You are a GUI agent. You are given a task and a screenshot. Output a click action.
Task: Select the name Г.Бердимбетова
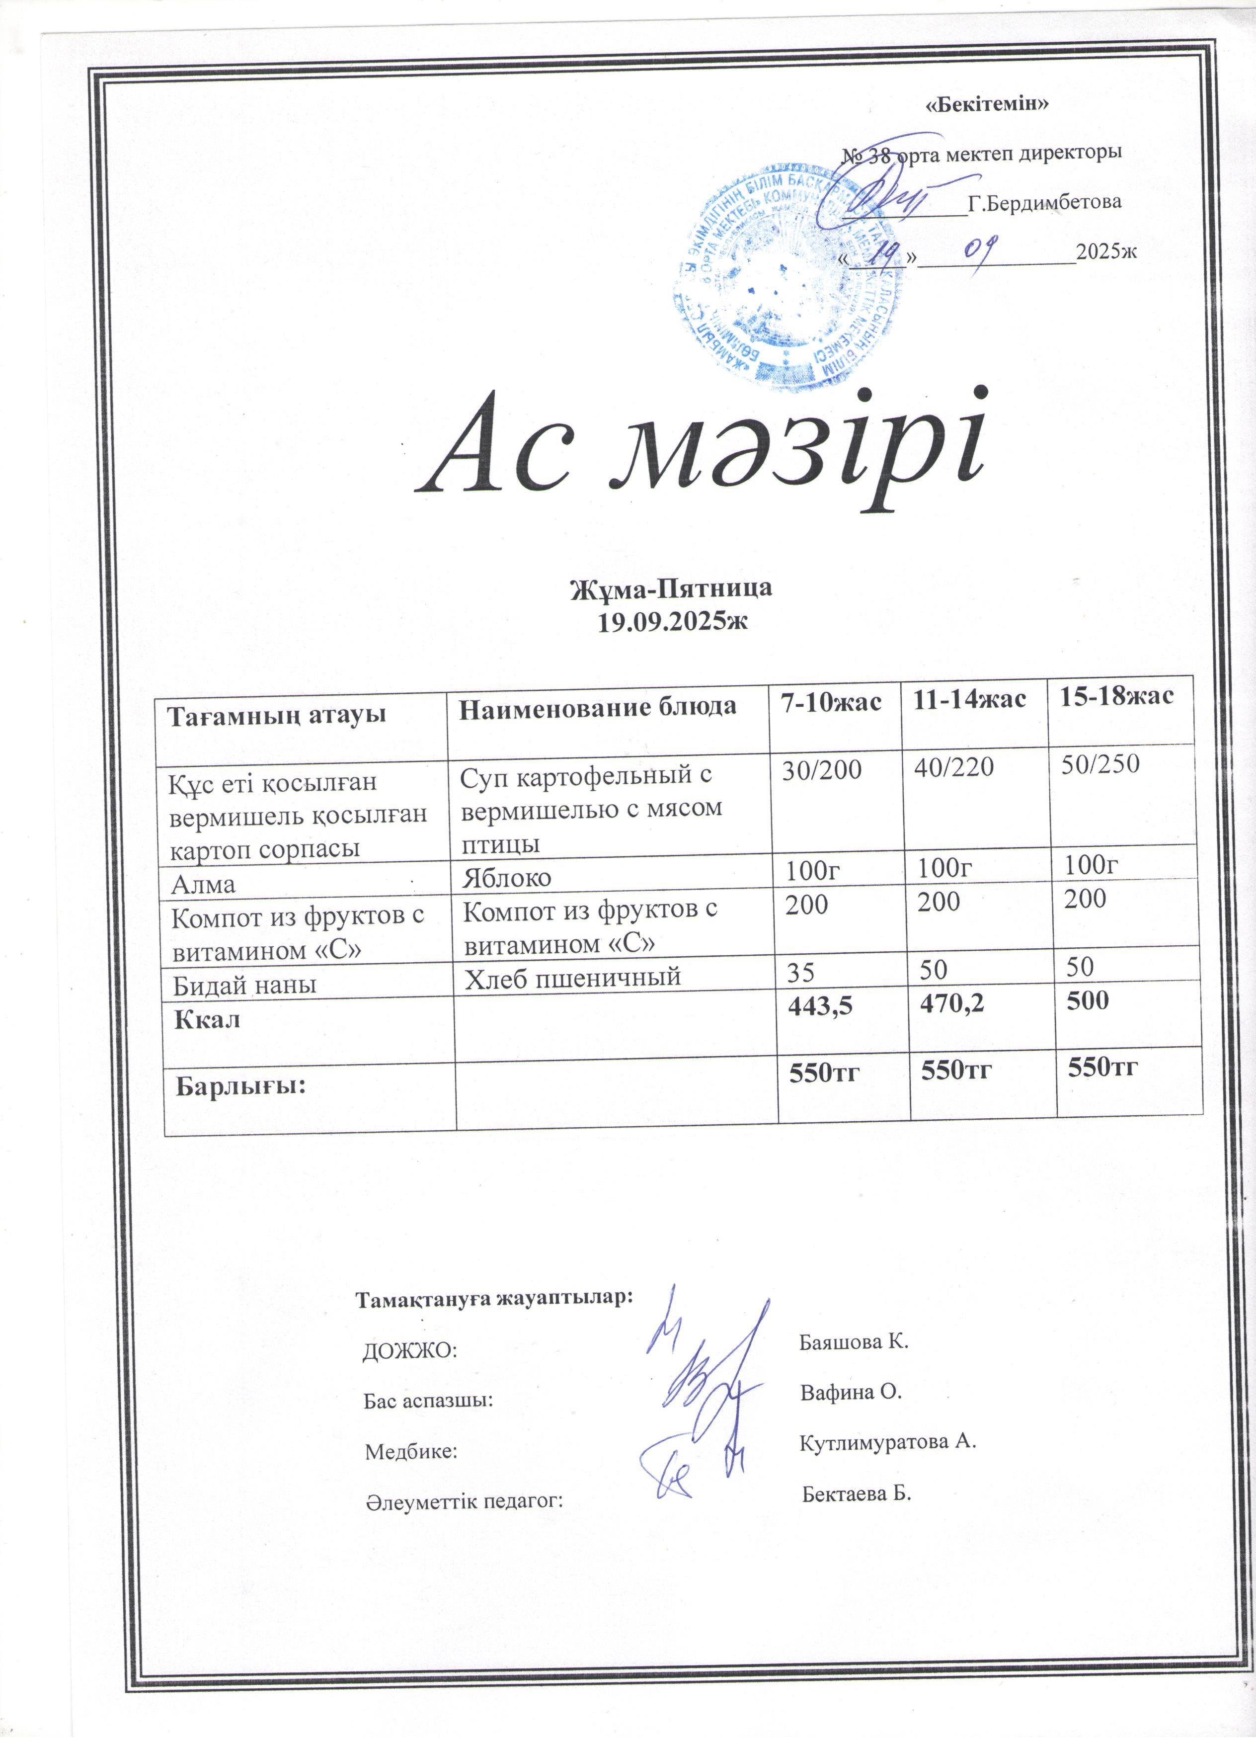point(1044,203)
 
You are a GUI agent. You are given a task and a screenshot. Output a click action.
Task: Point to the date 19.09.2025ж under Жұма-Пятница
point(672,622)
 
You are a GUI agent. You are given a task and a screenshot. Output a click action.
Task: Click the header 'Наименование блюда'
point(597,707)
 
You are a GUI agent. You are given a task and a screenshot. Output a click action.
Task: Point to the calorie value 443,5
point(820,1006)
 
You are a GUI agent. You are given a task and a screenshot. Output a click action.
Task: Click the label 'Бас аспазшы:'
point(428,1400)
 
